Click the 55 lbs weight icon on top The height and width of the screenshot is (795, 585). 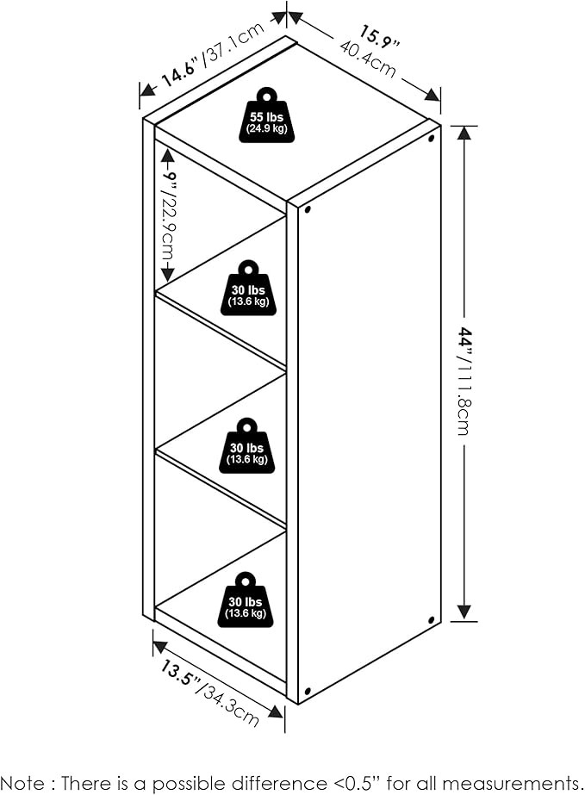click(x=266, y=115)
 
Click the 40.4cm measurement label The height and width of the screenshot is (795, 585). click(x=367, y=59)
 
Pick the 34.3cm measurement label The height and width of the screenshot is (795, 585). click(x=232, y=703)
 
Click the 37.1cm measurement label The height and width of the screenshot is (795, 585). click(x=233, y=44)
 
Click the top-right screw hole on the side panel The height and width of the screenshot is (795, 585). click(x=432, y=138)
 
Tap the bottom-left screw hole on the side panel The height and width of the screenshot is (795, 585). click(x=308, y=691)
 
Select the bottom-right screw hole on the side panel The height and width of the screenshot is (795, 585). click(x=432, y=620)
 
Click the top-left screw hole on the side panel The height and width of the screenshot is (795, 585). click(x=308, y=208)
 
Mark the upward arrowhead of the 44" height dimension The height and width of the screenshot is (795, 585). click(x=464, y=133)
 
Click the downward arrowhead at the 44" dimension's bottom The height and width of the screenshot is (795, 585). click(x=464, y=612)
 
